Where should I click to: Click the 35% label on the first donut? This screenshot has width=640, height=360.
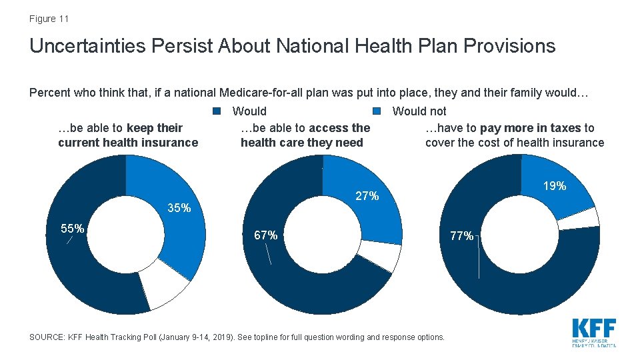(x=179, y=208)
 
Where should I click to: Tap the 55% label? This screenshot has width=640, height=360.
(x=73, y=229)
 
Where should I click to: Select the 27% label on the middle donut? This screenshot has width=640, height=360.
(x=367, y=196)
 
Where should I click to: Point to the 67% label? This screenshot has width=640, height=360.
(x=266, y=235)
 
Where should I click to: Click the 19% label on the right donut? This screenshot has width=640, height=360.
(x=554, y=186)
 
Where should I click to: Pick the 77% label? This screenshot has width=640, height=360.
(x=462, y=235)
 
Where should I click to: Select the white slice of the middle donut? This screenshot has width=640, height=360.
(x=381, y=253)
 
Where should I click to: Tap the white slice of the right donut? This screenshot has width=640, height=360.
(x=579, y=219)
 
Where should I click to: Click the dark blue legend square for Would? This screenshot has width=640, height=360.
(x=216, y=111)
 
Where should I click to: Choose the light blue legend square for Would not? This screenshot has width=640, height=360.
(x=377, y=111)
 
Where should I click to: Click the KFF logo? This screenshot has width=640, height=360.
(x=594, y=331)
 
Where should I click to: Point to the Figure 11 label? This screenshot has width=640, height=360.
(x=49, y=19)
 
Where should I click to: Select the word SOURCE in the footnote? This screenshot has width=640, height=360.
(x=47, y=337)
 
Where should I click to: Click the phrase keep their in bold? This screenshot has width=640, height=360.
(x=154, y=127)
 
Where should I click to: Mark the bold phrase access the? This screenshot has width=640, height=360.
(x=339, y=127)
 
